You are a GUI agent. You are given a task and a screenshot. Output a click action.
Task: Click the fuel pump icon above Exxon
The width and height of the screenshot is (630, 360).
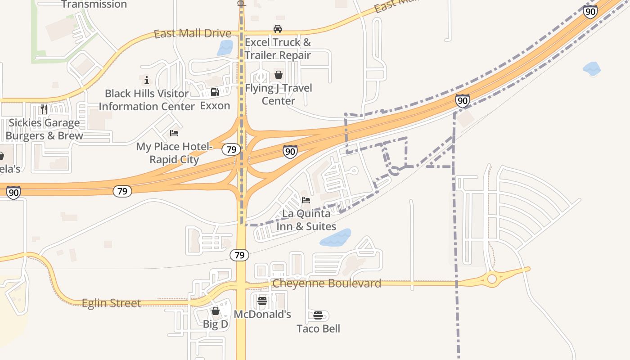(215, 92)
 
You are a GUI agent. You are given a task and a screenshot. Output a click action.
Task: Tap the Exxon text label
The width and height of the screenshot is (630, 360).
(215, 106)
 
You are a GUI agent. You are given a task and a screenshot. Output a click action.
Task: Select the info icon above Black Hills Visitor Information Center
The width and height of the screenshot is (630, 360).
(146, 81)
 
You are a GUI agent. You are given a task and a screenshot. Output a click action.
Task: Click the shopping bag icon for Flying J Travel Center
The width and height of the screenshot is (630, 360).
(279, 75)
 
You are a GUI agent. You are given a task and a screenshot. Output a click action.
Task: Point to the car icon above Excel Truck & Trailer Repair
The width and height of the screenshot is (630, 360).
(278, 29)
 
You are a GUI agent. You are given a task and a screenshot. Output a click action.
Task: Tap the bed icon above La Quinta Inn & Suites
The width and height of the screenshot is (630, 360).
(306, 200)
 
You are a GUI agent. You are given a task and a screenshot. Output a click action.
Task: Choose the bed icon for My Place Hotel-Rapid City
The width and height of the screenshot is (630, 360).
(174, 133)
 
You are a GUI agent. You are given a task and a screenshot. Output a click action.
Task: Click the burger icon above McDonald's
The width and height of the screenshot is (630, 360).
(262, 301)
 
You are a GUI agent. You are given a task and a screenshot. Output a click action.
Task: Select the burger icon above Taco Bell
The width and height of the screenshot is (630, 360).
(318, 315)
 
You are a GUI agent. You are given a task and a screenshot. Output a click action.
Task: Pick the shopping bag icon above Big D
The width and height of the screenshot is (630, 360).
(216, 311)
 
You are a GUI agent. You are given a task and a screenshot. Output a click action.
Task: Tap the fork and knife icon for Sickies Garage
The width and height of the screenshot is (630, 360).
(44, 109)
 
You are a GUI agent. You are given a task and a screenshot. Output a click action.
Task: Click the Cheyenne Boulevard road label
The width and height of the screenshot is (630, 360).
(327, 283)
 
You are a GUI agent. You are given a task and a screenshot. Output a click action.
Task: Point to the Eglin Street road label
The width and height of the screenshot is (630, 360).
(111, 303)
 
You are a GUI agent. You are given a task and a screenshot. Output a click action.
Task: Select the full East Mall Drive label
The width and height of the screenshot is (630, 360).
(192, 34)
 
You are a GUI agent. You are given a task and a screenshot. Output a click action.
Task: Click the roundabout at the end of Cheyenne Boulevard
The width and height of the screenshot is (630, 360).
(492, 279)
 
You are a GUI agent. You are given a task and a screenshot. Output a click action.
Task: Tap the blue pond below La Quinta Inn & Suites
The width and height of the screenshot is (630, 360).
(336, 238)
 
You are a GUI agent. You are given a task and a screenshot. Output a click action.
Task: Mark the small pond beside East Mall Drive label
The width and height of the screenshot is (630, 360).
(225, 48)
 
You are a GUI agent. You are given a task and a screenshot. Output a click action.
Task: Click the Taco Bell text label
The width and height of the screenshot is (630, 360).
(318, 328)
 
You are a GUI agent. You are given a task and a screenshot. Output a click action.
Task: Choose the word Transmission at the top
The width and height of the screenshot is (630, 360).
(94, 4)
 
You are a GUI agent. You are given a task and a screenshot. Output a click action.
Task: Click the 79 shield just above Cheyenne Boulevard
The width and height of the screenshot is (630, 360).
(239, 256)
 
